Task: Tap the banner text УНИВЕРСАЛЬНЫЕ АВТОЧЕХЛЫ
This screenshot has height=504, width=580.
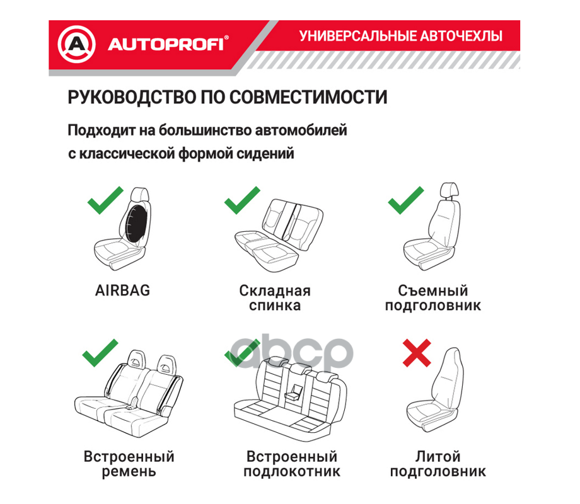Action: pyautogui.click(x=401, y=36)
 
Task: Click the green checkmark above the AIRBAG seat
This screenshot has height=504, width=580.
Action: pyautogui.click(x=105, y=200)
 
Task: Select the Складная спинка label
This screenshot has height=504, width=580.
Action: pyautogui.click(x=275, y=299)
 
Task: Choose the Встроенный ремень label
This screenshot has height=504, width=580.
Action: pyautogui.click(x=129, y=464)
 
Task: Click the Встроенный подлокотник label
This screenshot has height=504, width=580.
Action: pyautogui.click(x=291, y=464)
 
